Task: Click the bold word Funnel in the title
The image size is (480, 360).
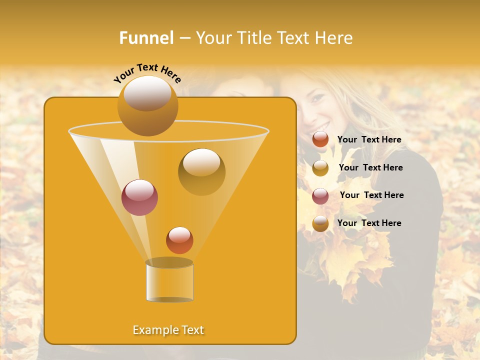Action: click(x=146, y=38)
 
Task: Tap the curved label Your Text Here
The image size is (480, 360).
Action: click(x=147, y=73)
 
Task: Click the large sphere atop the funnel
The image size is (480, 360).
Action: click(x=147, y=105)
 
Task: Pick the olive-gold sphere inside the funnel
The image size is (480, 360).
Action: click(x=201, y=171)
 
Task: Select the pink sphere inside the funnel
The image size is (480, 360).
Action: click(x=139, y=197)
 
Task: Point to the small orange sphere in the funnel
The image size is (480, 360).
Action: click(x=179, y=240)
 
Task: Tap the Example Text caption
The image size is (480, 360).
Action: click(x=168, y=330)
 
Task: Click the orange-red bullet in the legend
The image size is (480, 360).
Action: click(x=320, y=139)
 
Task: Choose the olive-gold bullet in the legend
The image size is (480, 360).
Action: click(x=320, y=167)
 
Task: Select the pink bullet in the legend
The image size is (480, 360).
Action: click(x=320, y=195)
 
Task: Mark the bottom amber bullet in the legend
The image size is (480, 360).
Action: click(x=320, y=223)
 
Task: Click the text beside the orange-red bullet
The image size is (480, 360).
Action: click(x=369, y=140)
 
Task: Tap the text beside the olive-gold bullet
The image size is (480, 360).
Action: click(x=370, y=167)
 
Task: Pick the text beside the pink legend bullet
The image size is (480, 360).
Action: click(x=371, y=195)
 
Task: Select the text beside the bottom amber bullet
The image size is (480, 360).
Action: click(x=369, y=223)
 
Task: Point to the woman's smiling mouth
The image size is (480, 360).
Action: click(x=322, y=125)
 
